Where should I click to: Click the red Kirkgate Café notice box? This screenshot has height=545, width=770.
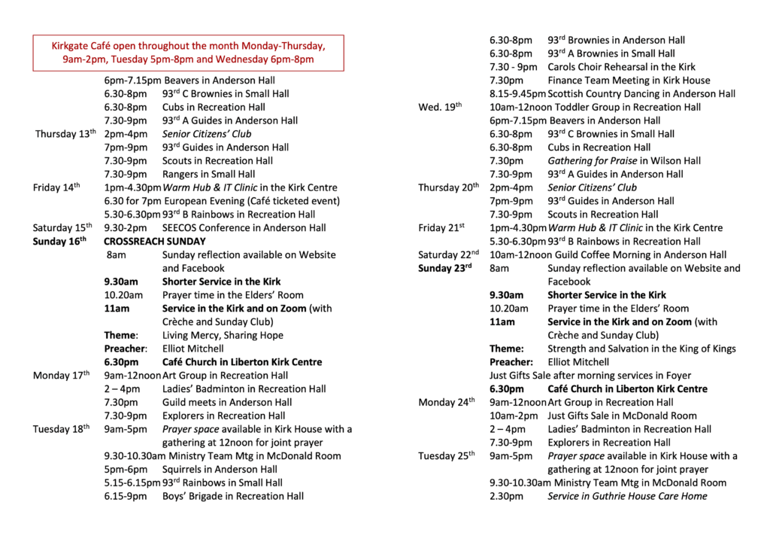click(188, 53)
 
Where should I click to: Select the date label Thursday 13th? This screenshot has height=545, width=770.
click(65, 134)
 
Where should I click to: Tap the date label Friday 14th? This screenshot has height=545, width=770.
click(56, 187)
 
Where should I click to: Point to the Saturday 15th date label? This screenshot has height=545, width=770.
click(62, 227)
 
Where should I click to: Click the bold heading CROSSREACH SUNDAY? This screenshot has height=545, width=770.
click(154, 242)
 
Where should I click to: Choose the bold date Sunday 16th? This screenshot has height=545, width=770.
click(59, 242)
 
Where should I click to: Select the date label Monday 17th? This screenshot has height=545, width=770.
click(61, 375)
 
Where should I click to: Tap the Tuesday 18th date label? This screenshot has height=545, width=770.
click(61, 429)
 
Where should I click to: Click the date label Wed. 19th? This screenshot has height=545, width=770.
click(440, 107)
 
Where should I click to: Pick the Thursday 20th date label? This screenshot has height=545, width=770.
click(448, 187)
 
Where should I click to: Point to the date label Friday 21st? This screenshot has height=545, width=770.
click(441, 227)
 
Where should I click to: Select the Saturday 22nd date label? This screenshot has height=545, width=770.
click(449, 255)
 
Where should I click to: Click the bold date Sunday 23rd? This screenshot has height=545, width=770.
click(444, 268)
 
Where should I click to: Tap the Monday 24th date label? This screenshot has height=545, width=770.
click(447, 402)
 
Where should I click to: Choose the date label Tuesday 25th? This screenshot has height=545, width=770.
click(447, 455)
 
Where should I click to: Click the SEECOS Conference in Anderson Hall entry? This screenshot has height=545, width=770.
click(244, 227)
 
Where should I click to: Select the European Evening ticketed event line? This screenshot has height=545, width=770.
click(222, 201)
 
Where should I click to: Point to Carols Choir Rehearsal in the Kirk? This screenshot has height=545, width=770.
click(621, 67)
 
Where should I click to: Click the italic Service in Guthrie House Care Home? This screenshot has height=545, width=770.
click(627, 496)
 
